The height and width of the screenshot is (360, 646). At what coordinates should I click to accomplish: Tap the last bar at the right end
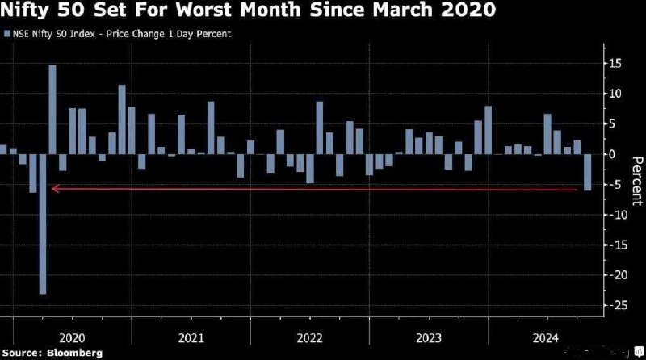click(587, 172)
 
